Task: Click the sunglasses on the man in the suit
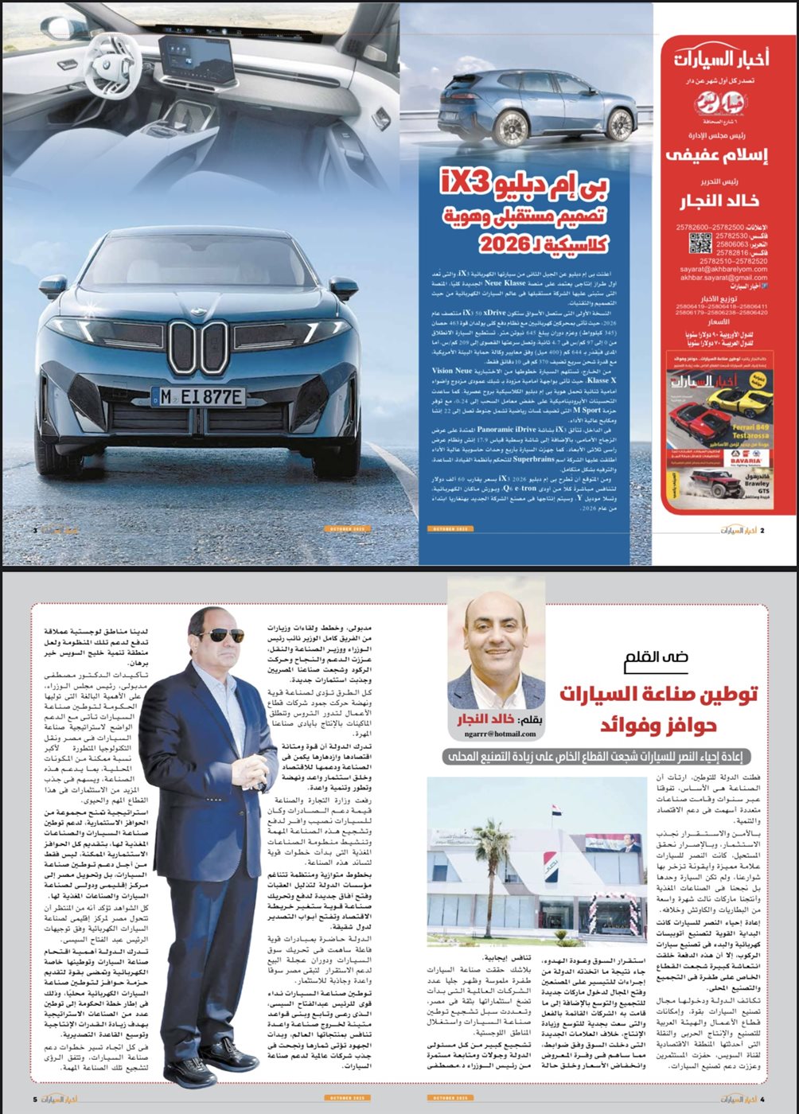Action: (x=217, y=635)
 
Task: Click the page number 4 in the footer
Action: (x=762, y=1099)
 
